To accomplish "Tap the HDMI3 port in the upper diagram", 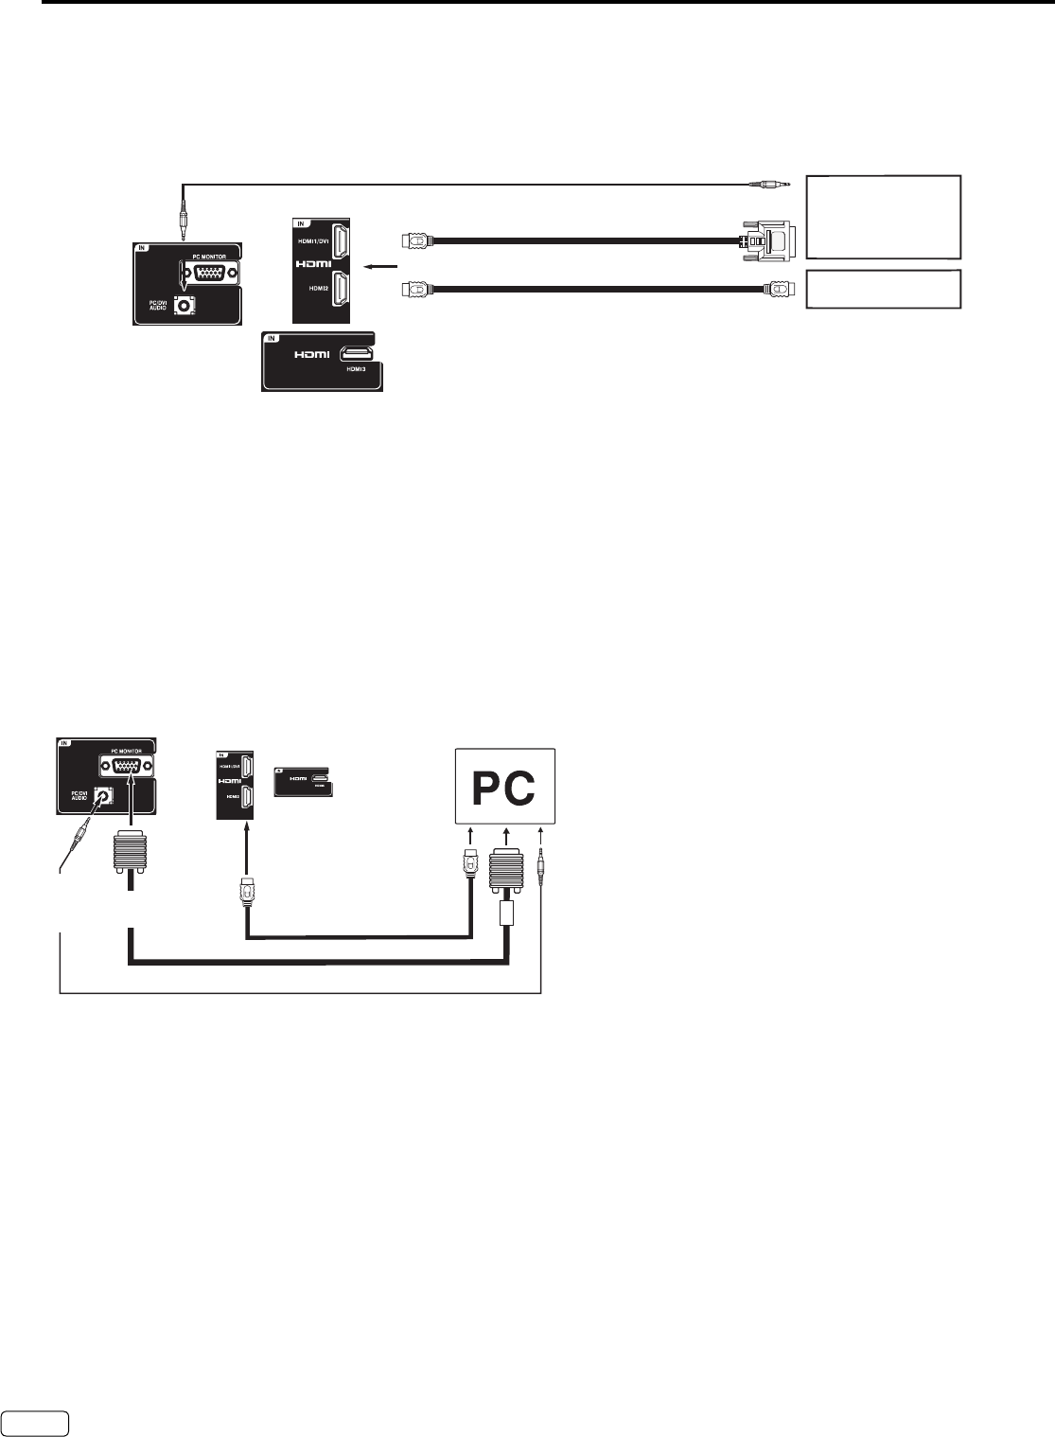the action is pos(360,353).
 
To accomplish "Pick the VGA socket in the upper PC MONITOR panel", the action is pos(210,274).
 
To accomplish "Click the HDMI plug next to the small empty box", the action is pos(775,289).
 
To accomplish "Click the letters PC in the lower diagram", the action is pos(505,786).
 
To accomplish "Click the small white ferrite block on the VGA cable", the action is pos(506,914).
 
